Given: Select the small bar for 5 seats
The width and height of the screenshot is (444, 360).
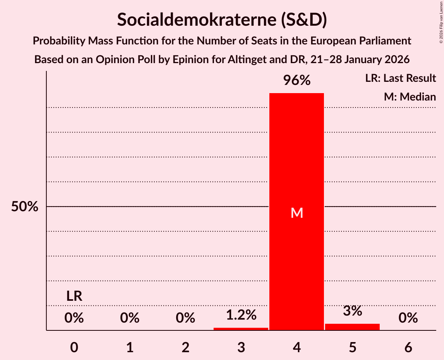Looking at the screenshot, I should click(352, 327).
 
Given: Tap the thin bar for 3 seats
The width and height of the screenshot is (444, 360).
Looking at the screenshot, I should click(241, 329).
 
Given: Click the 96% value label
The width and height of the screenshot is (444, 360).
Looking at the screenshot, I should click(297, 81).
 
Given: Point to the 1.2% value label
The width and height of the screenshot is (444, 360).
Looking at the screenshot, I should click(241, 315).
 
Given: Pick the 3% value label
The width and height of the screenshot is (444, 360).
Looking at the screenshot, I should click(352, 311).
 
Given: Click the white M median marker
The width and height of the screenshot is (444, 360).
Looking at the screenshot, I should click(297, 213).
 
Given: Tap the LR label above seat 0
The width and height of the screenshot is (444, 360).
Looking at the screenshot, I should click(74, 296).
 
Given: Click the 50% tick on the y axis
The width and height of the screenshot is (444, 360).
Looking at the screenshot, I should click(25, 206).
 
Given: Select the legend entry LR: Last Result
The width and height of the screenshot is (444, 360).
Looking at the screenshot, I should click(400, 78).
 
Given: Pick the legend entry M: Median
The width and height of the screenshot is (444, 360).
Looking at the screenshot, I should click(410, 97).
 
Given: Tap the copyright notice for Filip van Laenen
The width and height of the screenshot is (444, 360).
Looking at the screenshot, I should click(441, 22).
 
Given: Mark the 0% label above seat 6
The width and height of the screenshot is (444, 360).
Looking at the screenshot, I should click(408, 318).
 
